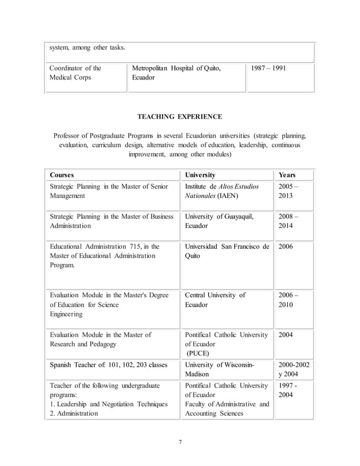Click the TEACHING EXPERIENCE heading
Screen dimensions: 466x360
click(x=180, y=117)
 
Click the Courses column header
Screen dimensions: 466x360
click(x=62, y=175)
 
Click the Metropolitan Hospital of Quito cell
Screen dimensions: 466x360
click(x=176, y=73)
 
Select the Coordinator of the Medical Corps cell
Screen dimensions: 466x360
click(x=76, y=73)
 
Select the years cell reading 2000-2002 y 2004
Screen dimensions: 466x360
click(x=293, y=370)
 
